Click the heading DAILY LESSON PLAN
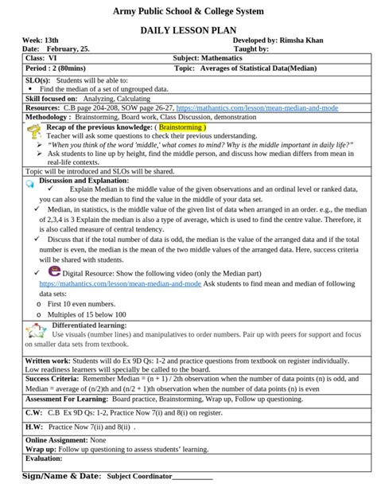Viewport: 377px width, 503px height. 188,29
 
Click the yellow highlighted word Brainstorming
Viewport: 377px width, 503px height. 182,127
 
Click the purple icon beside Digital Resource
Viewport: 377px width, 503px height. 53,271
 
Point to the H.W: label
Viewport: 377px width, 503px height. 33,427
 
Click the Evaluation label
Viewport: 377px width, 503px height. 44,458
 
